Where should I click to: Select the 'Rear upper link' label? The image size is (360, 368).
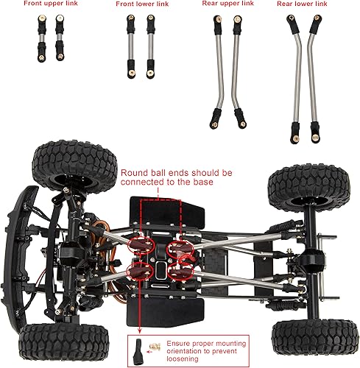227,4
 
